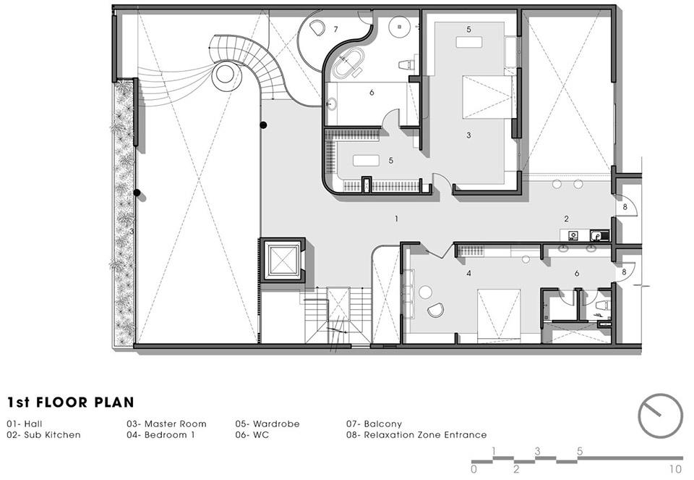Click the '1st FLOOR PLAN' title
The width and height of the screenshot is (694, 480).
coord(71,402)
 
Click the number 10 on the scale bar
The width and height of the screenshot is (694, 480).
coord(675,469)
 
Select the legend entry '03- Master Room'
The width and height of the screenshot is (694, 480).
coord(166,424)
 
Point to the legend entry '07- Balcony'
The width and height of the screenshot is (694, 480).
coord(374,424)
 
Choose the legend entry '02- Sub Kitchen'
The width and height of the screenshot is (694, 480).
coord(44,435)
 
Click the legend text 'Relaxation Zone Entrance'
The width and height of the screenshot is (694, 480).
coord(425,435)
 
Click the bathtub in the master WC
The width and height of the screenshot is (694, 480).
coord(348,64)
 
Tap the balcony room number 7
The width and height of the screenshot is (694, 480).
coord(336,29)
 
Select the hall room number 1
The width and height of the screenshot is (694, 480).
coord(397,219)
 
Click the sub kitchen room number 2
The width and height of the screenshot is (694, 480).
coord(566,219)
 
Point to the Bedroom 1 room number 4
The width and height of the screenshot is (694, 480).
coord(468,274)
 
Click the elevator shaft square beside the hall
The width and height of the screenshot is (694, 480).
coord(282,260)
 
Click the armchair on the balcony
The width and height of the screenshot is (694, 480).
coord(317,28)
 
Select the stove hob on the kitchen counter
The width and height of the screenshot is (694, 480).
coord(574,235)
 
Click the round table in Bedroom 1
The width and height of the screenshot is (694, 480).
coord(425,292)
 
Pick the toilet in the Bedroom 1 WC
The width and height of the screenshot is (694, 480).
coord(602,305)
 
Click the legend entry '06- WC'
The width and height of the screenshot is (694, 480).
coord(252,435)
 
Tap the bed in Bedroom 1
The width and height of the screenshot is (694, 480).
coord(499,315)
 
